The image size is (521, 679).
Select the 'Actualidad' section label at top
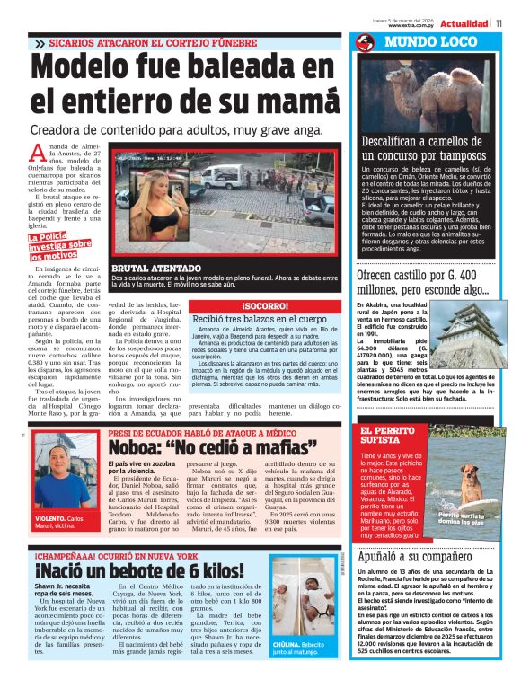[x=464, y=23]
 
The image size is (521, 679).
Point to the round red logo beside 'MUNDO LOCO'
[x=365, y=42]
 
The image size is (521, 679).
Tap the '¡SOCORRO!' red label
[x=264, y=306]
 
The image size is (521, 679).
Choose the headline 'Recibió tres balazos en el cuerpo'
[x=259, y=320]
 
